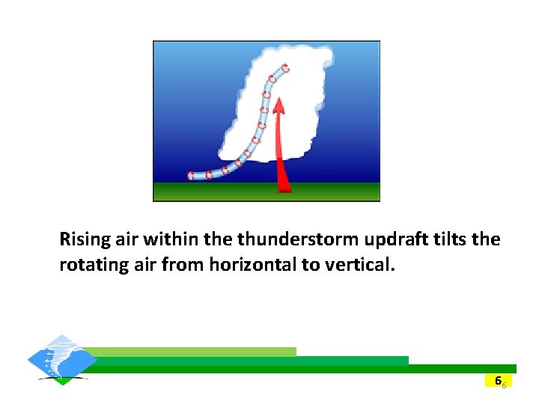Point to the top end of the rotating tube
tap(284, 68)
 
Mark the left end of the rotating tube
tap(191, 176)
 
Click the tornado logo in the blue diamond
tap(61, 359)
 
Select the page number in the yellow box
tap(499, 381)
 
